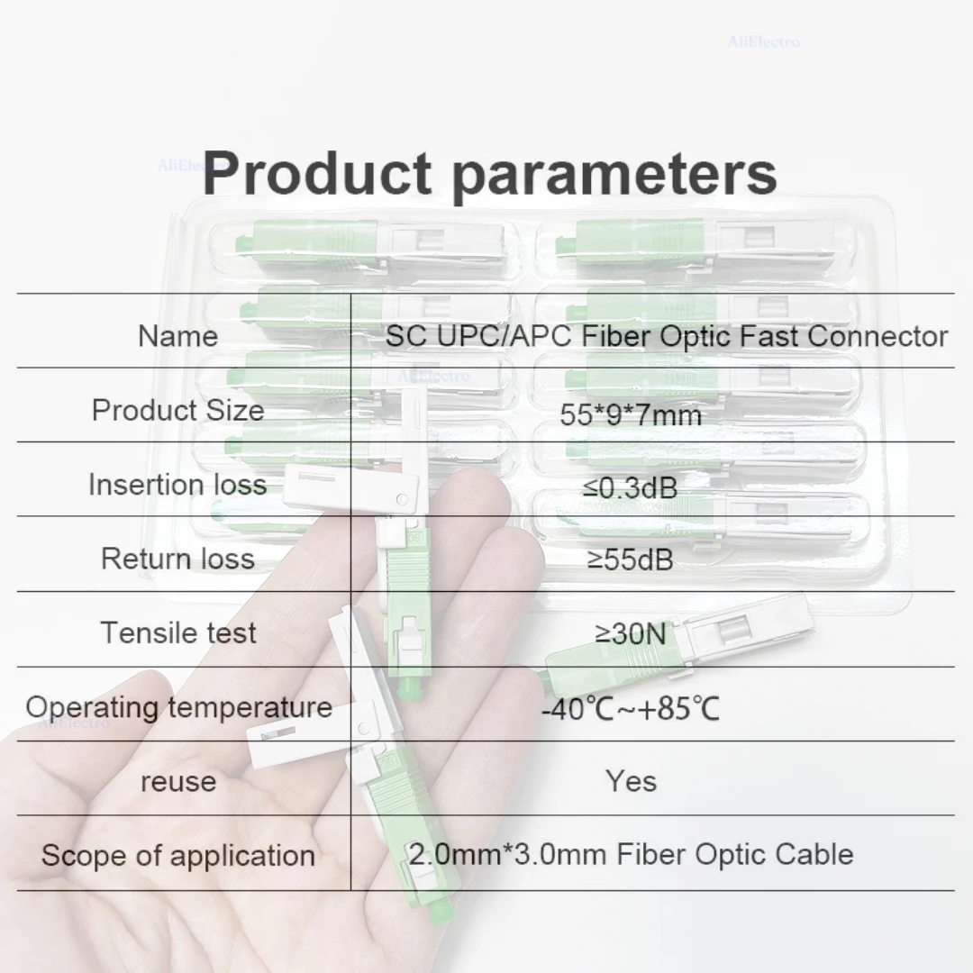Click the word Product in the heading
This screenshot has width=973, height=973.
click(x=317, y=173)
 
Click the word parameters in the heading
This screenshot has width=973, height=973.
click(x=614, y=175)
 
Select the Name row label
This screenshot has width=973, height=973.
click(x=177, y=336)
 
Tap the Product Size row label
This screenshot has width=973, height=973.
click(x=177, y=411)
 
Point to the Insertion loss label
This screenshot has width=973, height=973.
click(x=177, y=485)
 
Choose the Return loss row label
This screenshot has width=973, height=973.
click(x=177, y=559)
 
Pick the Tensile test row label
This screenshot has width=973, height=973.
click(x=177, y=632)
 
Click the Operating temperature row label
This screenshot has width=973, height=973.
click(x=177, y=707)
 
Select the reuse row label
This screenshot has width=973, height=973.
click(x=177, y=781)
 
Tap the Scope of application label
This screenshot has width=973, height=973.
click(x=177, y=855)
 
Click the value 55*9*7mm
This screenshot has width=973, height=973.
click(x=630, y=414)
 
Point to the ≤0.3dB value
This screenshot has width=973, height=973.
click(x=630, y=487)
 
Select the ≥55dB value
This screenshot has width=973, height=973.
click(x=630, y=560)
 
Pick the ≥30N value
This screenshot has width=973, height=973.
click(x=630, y=634)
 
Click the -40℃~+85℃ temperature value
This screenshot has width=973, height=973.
click(x=630, y=709)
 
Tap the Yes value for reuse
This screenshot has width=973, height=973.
click(x=630, y=781)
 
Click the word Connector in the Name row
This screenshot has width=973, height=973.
click(x=878, y=336)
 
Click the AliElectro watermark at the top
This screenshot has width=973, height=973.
click(x=763, y=41)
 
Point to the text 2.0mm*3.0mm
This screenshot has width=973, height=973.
click(x=507, y=854)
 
